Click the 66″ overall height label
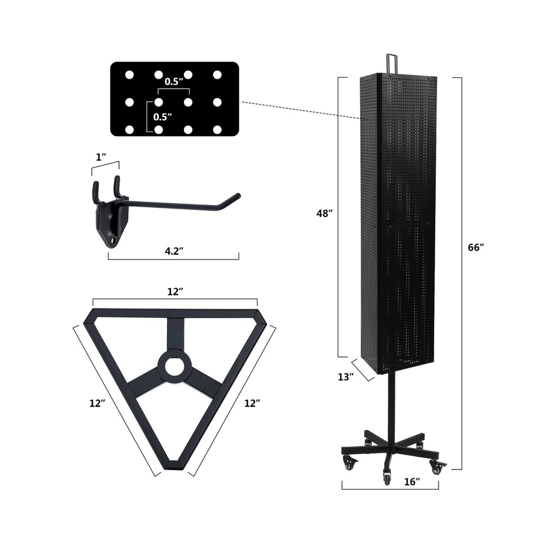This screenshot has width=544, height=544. tap(476, 247)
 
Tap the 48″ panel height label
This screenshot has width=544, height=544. tap(324, 214)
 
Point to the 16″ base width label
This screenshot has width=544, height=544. tap(412, 481)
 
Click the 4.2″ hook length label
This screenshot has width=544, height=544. tap(174, 251)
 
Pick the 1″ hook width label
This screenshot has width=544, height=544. tap(101, 157)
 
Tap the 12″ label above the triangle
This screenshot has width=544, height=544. tap(174, 292)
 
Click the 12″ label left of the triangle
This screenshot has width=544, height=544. tap(98, 403)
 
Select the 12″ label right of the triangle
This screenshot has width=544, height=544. tap(252, 403)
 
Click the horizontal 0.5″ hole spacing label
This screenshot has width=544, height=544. tap(174, 82)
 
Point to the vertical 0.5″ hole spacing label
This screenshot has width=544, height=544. tap(162, 116)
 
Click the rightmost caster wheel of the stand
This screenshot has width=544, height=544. tap(436, 467)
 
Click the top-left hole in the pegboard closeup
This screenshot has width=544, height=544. tap(129, 75)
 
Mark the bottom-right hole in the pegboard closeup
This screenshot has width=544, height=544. tap(218, 129)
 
